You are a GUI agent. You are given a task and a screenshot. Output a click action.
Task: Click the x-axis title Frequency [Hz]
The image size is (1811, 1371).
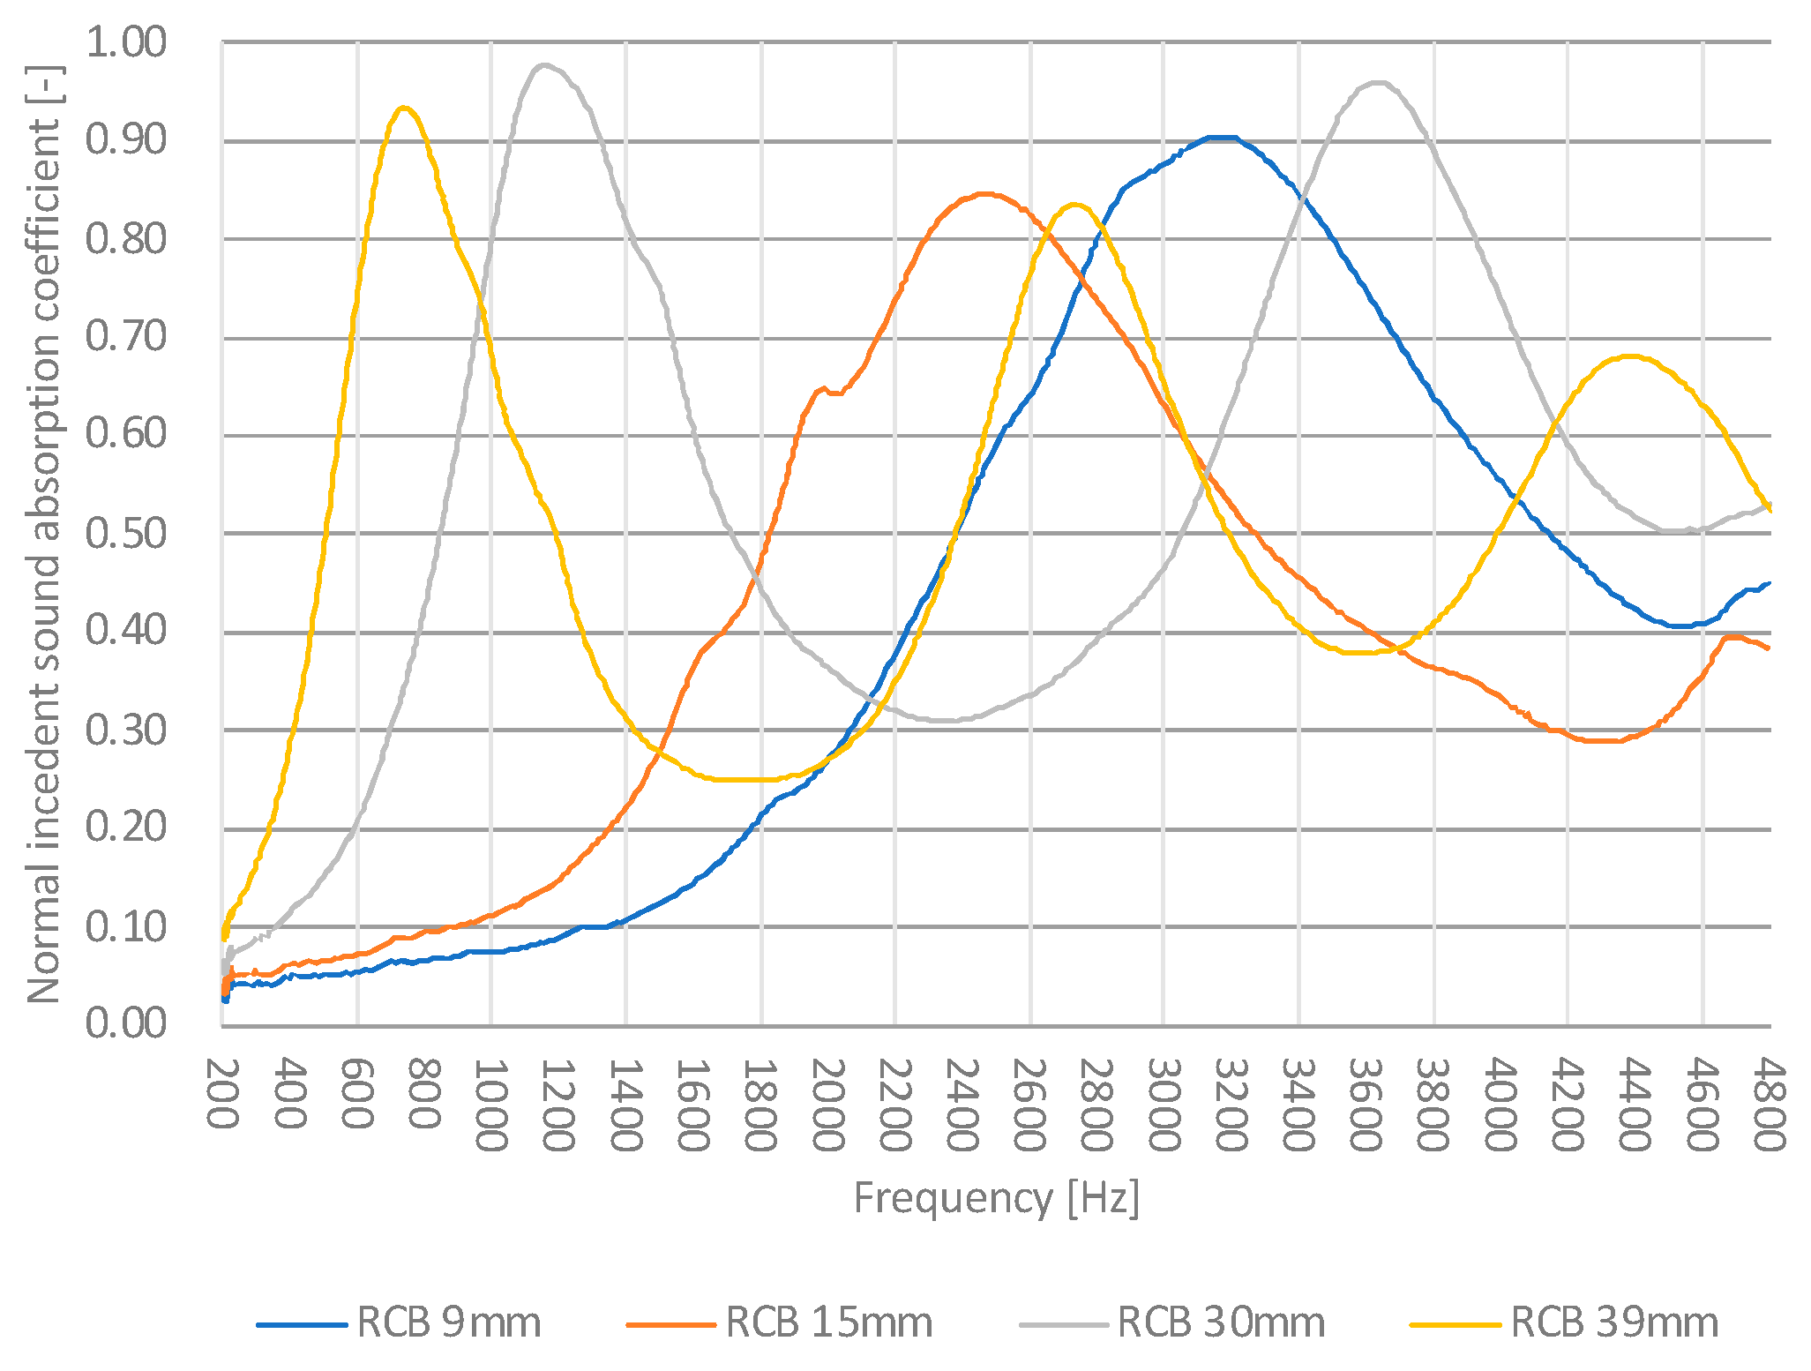pyautogui.click(x=996, y=1199)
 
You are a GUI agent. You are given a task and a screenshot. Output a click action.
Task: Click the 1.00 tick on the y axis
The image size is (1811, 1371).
pyautogui.click(x=125, y=42)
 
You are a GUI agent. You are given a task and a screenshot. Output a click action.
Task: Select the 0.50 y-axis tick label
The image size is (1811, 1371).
pyautogui.click(x=125, y=534)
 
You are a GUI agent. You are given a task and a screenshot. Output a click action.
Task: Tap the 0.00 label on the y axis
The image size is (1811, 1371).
pyautogui.click(x=125, y=1024)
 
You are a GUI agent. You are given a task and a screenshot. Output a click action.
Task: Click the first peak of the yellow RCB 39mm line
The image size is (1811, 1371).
pyautogui.click(x=404, y=108)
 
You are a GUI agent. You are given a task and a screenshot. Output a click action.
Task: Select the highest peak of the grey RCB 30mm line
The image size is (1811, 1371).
pyautogui.click(x=544, y=64)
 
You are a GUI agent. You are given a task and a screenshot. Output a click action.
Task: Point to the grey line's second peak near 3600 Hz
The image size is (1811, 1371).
pyautogui.click(x=1379, y=83)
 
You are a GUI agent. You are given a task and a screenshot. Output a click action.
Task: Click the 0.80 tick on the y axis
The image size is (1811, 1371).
pyautogui.click(x=125, y=239)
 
